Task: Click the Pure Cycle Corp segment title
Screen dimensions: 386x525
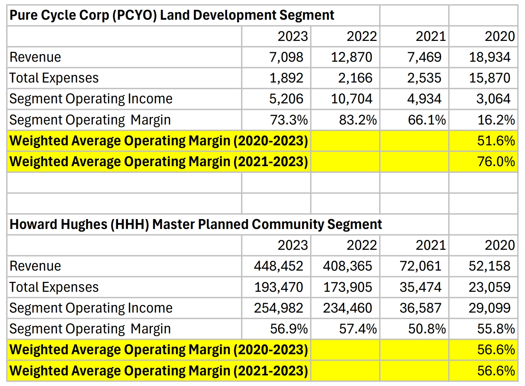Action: [x=172, y=15]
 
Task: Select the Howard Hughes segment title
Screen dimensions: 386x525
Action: [x=195, y=224]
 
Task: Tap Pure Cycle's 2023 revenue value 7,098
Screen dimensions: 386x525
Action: [x=286, y=57]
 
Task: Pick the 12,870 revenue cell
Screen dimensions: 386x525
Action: [x=351, y=57]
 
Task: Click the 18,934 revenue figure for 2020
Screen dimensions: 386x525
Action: [x=490, y=57]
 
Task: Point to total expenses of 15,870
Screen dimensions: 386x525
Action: [x=490, y=78]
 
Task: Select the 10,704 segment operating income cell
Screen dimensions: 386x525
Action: [x=351, y=99]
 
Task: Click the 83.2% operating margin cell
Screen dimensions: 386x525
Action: [x=358, y=120]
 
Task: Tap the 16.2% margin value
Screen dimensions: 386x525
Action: [x=496, y=120]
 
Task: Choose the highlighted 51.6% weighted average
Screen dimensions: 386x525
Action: [x=496, y=141]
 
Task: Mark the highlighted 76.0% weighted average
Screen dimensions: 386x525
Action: [x=496, y=162]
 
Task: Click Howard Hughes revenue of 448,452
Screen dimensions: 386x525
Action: [x=278, y=266]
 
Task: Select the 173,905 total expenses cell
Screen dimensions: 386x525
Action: [x=347, y=287]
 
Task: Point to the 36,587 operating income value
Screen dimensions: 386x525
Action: [x=420, y=308]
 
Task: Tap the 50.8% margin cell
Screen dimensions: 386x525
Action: [x=427, y=329]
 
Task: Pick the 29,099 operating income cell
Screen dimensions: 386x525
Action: [x=490, y=308]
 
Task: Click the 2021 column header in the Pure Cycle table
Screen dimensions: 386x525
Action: [x=431, y=37]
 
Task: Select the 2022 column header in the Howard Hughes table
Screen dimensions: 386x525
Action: [x=362, y=245]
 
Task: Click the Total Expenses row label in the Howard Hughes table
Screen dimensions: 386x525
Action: [x=54, y=287]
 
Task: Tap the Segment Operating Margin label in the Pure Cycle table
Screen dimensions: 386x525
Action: [x=90, y=120]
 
